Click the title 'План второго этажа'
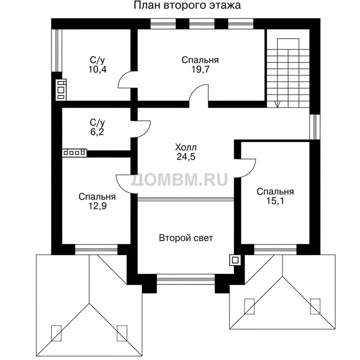coord(187,5)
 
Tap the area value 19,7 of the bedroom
coord(200,69)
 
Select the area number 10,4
coord(97,69)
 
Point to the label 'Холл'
coord(185,147)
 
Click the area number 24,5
coord(185,156)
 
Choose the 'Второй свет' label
coord(186,238)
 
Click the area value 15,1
coord(275,201)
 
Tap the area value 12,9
coord(97,206)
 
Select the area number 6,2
coord(97,132)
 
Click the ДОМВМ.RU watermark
coord(179,179)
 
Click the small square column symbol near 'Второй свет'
coord(235,260)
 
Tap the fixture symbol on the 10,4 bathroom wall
coord(61,90)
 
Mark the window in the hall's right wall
coord(315,126)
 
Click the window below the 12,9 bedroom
coord(96,249)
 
